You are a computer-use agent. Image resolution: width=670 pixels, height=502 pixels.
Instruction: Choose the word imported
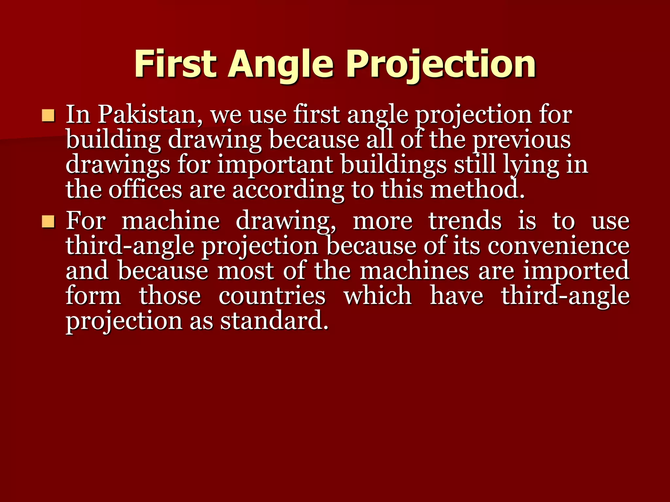[576, 271]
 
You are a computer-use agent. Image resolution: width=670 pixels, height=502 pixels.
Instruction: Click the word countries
[272, 296]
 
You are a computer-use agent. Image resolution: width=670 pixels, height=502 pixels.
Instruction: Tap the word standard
[274, 321]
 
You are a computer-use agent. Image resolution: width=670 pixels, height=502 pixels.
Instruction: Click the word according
[288, 190]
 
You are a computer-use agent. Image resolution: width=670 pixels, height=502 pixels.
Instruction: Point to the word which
[378, 296]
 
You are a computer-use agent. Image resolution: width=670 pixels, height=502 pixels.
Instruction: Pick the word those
[170, 296]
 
